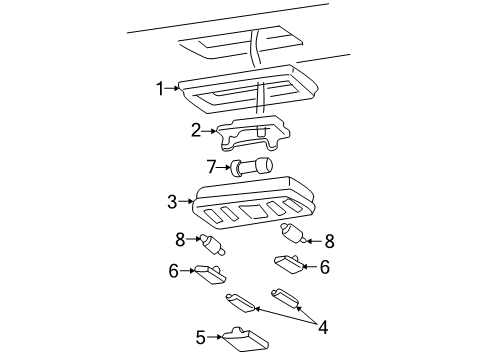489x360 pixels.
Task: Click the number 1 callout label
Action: [159, 88]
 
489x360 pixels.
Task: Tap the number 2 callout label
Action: [197, 129]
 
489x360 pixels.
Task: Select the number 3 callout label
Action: [172, 201]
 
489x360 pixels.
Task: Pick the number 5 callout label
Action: [201, 336]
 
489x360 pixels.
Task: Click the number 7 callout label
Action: [210, 167]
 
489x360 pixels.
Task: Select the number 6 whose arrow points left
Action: [325, 267]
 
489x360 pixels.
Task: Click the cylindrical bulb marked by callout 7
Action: [253, 167]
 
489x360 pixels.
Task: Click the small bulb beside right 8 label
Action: [294, 236]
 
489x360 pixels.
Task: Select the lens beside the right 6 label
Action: [289, 264]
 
